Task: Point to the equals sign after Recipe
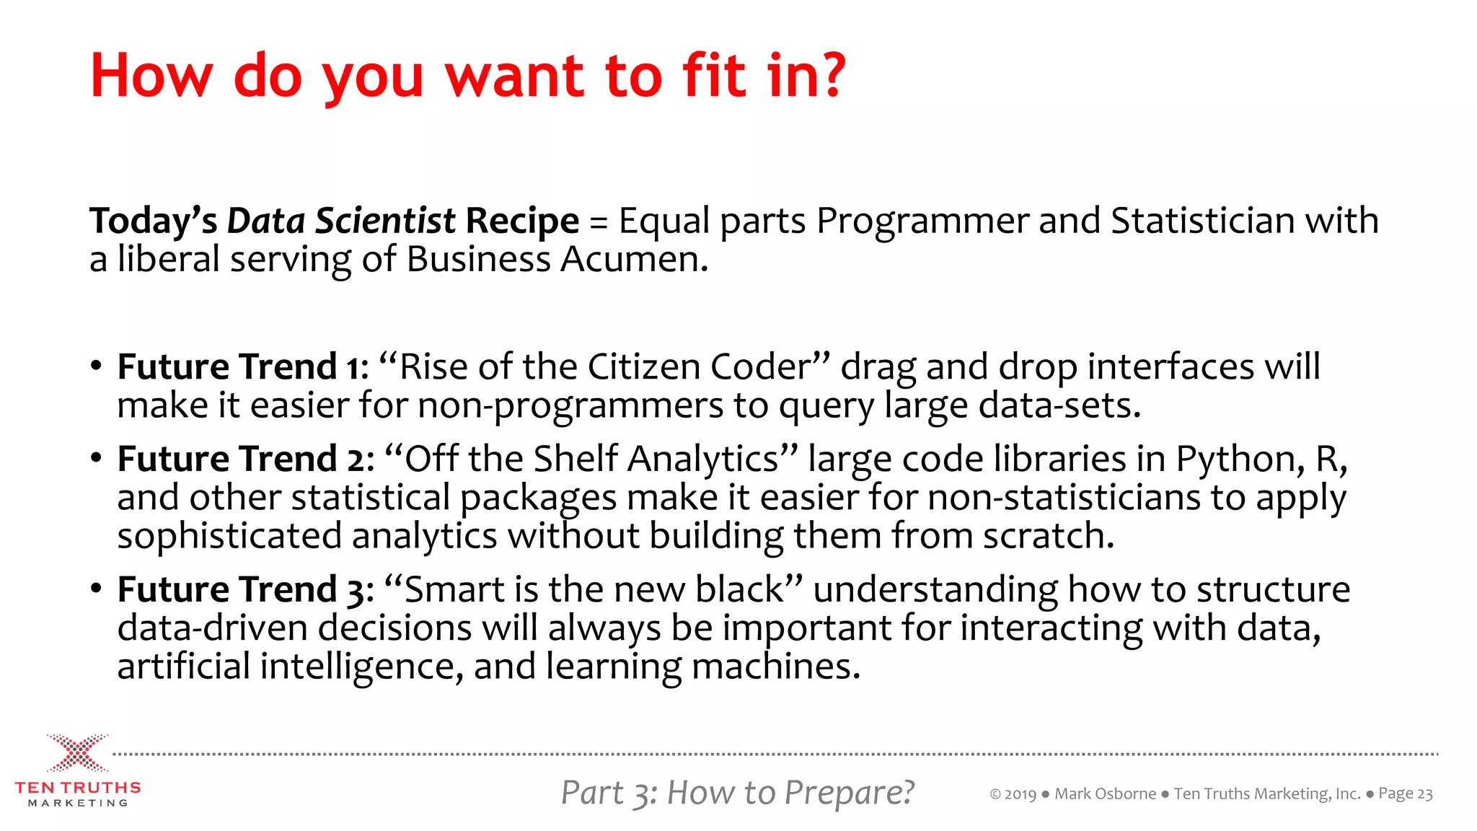point(599,222)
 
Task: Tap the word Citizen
point(643,366)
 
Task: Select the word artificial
point(183,666)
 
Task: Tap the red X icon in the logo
point(78,753)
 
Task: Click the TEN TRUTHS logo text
point(78,788)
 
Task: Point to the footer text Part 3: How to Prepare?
point(737,793)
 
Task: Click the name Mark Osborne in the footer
point(1105,794)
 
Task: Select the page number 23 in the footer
point(1424,794)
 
